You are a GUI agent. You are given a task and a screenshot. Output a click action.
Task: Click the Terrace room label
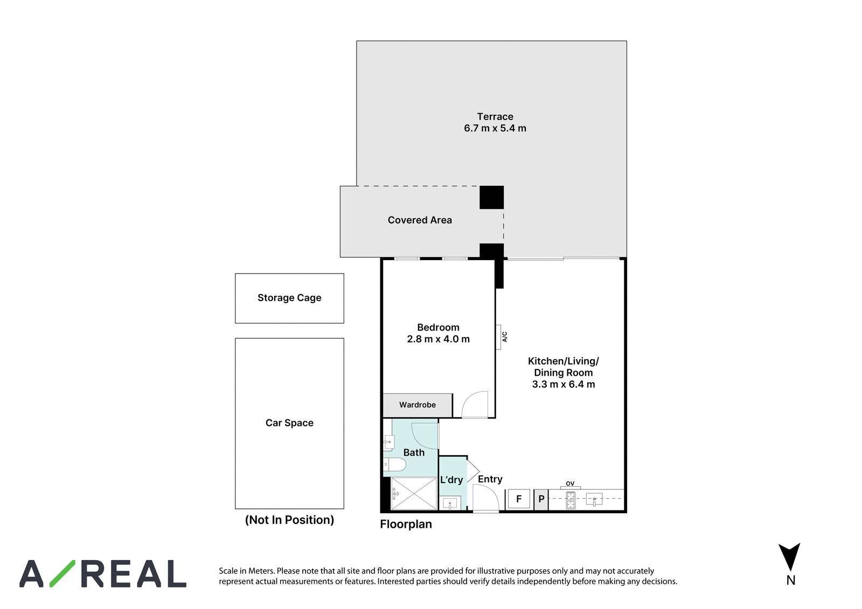(495, 116)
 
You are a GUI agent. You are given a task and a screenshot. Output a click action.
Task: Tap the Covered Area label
(420, 220)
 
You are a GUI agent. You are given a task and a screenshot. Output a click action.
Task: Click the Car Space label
(289, 423)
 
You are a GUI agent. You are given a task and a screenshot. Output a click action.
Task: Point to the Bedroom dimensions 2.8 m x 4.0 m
(439, 339)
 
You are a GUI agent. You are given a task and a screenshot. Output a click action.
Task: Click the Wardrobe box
(418, 405)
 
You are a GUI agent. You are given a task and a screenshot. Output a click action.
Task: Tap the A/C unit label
(504, 337)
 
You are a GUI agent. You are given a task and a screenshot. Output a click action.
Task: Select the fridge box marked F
(519, 499)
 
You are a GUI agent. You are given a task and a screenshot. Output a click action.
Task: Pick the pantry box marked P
(541, 499)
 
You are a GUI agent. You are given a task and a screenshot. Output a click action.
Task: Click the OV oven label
(570, 484)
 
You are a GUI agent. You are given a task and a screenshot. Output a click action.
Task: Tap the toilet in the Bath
(394, 464)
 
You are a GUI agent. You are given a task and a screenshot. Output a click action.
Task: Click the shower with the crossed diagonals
(414, 494)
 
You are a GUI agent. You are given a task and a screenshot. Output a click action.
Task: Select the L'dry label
(451, 480)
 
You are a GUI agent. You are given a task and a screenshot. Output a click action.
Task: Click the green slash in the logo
(62, 573)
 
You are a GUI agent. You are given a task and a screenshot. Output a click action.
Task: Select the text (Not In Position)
(289, 520)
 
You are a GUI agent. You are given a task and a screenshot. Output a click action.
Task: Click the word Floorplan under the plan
(406, 524)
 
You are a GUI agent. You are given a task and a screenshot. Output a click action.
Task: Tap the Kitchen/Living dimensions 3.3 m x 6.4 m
(564, 384)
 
